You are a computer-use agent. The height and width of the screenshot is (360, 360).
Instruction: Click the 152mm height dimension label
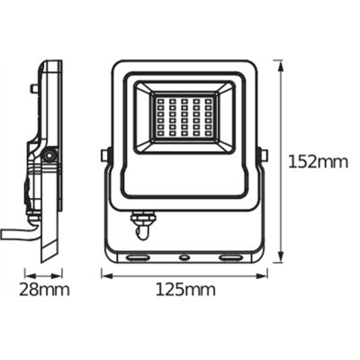pos(318,162)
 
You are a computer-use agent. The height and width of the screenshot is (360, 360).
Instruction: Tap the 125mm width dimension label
pos(185,290)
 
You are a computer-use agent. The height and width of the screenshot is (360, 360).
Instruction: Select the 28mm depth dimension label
pos(44,290)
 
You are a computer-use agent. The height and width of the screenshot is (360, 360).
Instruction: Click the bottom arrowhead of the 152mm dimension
pos(280,258)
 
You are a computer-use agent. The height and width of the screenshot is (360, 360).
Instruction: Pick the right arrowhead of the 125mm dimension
pos(262,274)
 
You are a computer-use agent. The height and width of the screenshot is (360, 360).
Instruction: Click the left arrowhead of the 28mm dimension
pos(30,274)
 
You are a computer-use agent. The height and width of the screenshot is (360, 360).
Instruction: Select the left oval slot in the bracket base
pos(138,257)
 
